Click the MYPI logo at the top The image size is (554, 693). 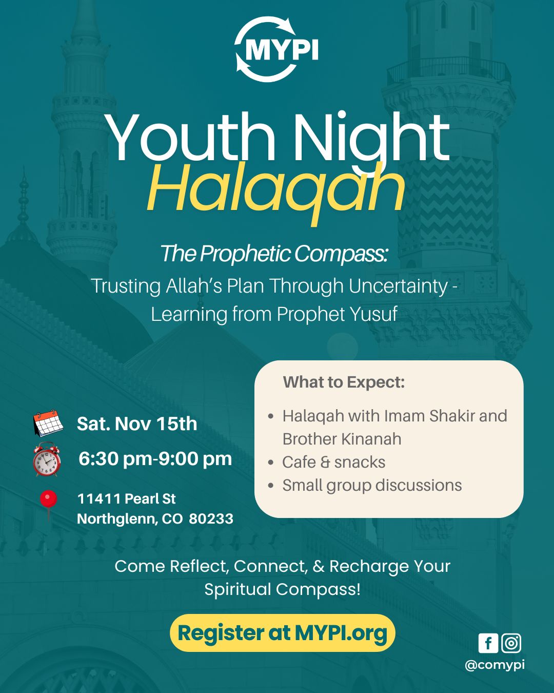tap(276, 50)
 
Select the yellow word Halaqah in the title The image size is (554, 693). tap(276, 189)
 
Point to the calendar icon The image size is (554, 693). tap(48, 423)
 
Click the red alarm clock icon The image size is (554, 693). tap(47, 459)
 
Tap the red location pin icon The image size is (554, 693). tap(49, 501)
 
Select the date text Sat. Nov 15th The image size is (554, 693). tap(137, 424)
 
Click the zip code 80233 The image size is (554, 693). tap(211, 519)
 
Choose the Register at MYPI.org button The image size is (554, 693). tap(282, 633)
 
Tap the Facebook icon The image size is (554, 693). tap(488, 643)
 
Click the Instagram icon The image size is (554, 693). tap(511, 643)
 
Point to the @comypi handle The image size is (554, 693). tap(494, 665)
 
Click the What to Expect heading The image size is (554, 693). tap(344, 382)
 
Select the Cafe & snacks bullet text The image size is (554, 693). tap(333, 462)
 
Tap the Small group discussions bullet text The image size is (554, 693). tap(372, 485)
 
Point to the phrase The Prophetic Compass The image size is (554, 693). tap(273, 254)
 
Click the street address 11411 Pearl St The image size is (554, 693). tap(126, 499)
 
